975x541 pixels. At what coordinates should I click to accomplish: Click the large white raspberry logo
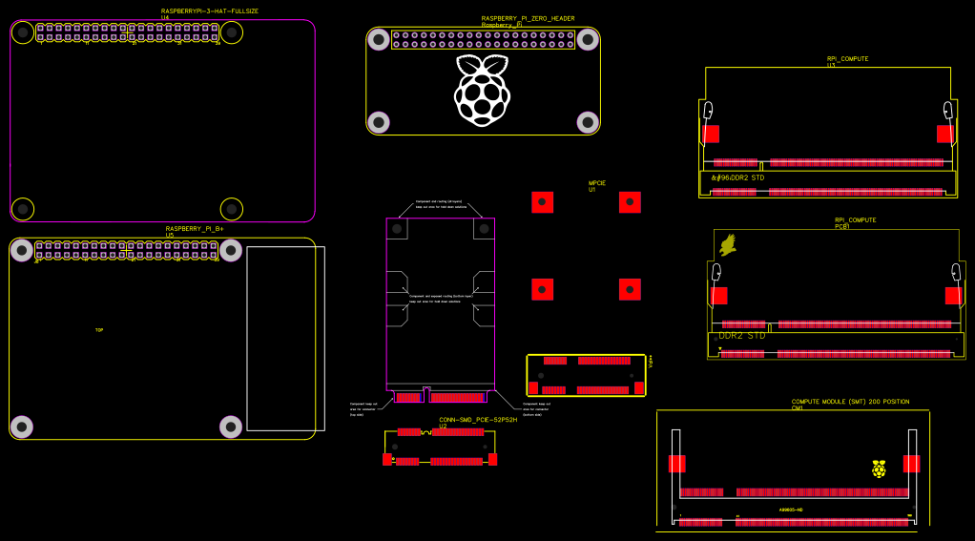point(482,91)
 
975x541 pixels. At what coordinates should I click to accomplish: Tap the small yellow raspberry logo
point(879,468)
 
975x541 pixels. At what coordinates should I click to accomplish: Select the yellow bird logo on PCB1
point(728,245)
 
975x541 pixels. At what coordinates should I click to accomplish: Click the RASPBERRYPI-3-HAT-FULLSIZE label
point(210,11)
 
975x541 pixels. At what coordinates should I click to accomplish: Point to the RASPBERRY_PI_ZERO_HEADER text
point(528,18)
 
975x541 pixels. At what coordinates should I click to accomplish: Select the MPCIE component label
point(597,183)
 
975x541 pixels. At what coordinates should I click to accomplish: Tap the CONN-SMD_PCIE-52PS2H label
point(478,420)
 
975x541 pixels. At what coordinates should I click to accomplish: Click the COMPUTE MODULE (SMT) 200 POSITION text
point(850,402)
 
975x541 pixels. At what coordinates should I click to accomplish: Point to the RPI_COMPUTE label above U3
point(847,59)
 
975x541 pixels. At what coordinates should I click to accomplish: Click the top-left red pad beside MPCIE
point(542,202)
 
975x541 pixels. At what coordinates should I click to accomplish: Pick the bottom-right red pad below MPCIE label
point(630,289)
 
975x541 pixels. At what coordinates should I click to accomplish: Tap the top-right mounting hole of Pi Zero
point(588,39)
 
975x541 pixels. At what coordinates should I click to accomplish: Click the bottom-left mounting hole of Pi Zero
point(379,122)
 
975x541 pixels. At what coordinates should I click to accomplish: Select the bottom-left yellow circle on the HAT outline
point(23,208)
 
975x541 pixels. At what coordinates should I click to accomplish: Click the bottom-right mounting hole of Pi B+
point(231,427)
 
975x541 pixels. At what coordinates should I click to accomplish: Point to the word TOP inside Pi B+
point(99,330)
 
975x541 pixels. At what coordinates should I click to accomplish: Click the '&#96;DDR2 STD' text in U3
point(737,178)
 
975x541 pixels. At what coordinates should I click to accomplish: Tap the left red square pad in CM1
point(677,464)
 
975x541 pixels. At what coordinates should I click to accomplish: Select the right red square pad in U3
point(944,134)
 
